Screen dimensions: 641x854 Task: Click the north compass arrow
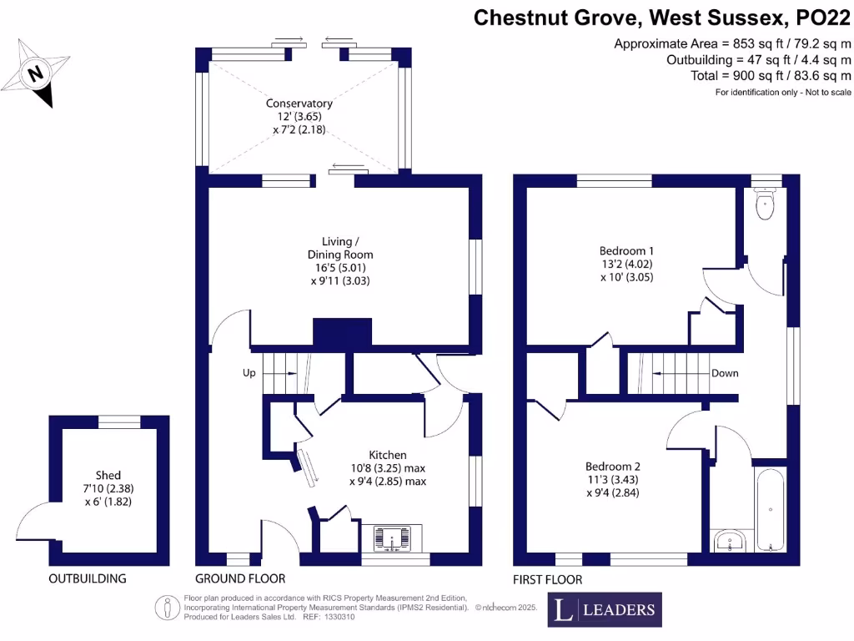pyautogui.click(x=35, y=73)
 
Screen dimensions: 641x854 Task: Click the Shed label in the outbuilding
pyautogui.click(x=108, y=475)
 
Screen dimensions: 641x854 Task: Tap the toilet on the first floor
pyautogui.click(x=764, y=204)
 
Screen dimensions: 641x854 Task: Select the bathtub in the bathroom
pyautogui.click(x=770, y=509)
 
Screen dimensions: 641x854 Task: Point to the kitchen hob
pyautogui.click(x=392, y=538)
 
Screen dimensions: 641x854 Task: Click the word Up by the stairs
pyautogui.click(x=249, y=373)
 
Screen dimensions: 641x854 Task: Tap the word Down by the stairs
pyautogui.click(x=725, y=373)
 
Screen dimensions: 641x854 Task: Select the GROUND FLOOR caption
pyautogui.click(x=240, y=578)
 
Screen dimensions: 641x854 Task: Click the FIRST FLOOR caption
pyautogui.click(x=547, y=579)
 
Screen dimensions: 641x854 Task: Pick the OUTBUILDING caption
pyautogui.click(x=87, y=578)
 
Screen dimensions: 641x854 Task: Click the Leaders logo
pyautogui.click(x=605, y=609)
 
